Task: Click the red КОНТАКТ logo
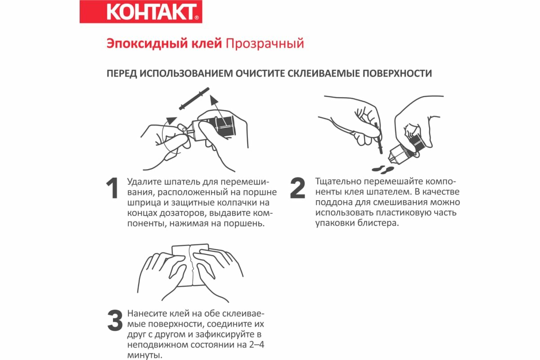141,12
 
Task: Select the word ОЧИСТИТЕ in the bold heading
260,73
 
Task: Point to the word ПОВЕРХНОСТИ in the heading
397,73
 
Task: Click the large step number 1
112,188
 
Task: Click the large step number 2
297,188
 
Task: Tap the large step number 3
115,320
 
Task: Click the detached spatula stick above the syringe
194,99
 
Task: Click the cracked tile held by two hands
191,265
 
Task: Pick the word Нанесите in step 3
147,314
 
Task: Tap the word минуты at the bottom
144,355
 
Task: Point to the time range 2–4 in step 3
257,345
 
